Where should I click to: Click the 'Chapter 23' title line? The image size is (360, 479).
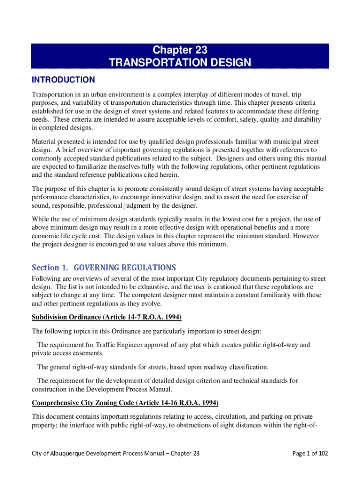[180, 50]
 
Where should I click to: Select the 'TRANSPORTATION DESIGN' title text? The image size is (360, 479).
[180, 63]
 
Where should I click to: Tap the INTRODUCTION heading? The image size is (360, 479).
[63, 80]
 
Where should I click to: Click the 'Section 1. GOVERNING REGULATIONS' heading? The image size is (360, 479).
[104, 268]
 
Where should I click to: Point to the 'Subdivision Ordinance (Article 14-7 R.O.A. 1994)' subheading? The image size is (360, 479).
[106, 318]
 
